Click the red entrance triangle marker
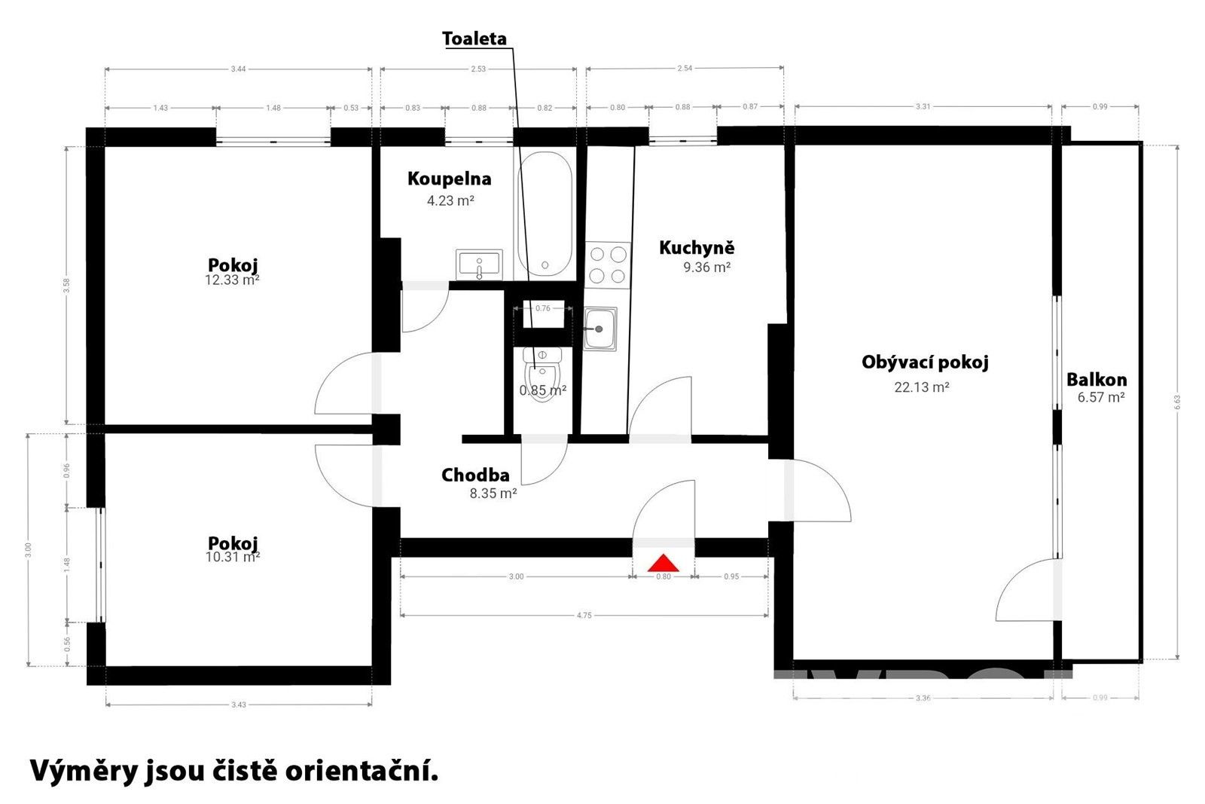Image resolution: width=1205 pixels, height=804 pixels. click(664, 563)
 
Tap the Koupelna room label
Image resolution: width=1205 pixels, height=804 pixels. click(449, 179)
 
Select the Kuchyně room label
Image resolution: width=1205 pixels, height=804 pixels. click(696, 247)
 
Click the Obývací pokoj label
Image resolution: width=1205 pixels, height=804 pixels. click(925, 362)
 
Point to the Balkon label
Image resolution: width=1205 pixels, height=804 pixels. click(1097, 380)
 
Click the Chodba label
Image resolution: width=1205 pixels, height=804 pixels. click(475, 475)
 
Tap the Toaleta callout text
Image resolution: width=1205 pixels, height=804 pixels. click(474, 38)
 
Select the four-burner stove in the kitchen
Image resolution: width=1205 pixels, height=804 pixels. click(607, 264)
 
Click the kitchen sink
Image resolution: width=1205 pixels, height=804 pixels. click(599, 329)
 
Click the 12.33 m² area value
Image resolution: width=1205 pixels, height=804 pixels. click(233, 280)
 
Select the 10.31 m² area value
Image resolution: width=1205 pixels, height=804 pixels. click(233, 558)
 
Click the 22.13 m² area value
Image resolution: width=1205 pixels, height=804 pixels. click(921, 387)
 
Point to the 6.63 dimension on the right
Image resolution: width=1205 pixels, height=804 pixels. click(1177, 402)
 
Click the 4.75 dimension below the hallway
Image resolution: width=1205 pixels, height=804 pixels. click(584, 616)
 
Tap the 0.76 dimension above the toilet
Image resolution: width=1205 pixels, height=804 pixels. click(542, 308)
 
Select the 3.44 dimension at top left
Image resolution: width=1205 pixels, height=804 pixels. click(238, 69)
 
